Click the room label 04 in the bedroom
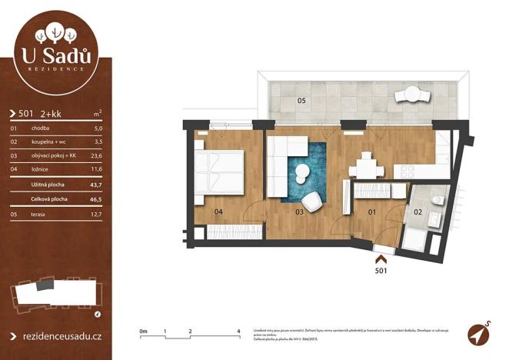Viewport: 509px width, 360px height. [218, 211]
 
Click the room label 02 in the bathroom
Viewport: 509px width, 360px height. [418, 210]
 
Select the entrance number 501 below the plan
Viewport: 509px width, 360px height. [380, 270]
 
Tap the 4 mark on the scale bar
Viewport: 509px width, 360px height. [239, 330]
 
